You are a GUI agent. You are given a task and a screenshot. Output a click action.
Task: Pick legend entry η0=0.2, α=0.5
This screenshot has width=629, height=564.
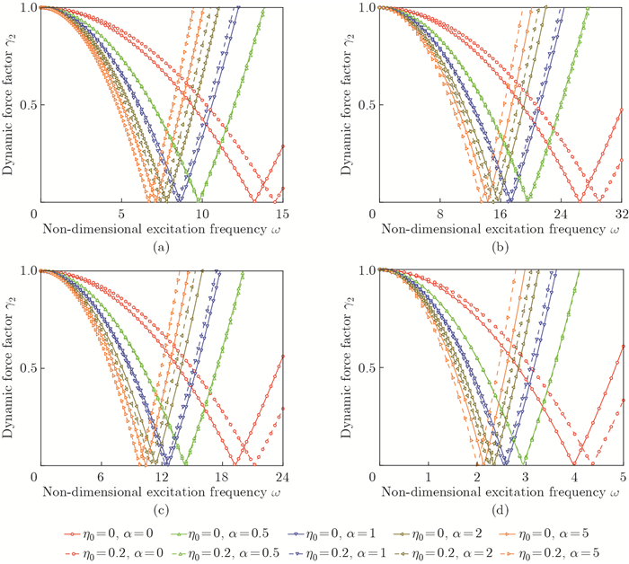[213, 551]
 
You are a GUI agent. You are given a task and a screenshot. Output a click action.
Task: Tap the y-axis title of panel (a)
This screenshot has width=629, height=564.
[8, 103]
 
